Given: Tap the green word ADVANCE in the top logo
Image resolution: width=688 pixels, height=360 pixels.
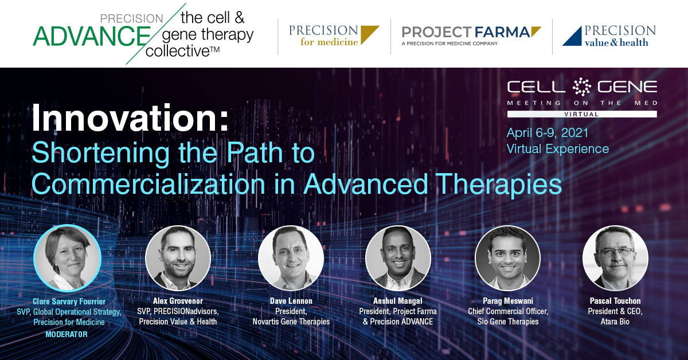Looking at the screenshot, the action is coord(92,36).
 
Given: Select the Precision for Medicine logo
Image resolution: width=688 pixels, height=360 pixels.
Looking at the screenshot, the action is coord(334,36).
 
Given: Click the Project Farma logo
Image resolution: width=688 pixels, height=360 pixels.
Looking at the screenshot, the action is coord(471,36).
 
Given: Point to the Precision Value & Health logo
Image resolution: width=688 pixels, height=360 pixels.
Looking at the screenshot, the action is coord(609,36).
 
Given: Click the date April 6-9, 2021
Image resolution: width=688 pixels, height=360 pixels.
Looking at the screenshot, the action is coord(548,132).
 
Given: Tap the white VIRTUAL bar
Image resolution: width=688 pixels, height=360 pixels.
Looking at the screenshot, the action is coord(582,114).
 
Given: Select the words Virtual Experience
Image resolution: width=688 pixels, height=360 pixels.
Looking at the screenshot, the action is coord(557,149).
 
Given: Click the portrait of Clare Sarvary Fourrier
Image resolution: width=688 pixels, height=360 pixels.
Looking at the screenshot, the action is coord(68,258).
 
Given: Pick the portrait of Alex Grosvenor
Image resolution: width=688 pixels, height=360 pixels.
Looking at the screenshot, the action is coord(178,258).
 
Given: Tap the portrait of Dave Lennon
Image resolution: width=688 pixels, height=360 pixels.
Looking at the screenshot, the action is coord(291,258).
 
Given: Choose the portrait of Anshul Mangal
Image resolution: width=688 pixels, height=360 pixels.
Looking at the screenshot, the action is coord(398,258).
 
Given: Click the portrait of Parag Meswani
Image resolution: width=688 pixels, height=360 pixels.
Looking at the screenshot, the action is coord(508,258).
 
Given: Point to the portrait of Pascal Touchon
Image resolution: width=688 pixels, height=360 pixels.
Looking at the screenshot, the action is coord(615,258).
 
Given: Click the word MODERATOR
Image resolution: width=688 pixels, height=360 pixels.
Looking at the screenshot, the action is coord(67,334).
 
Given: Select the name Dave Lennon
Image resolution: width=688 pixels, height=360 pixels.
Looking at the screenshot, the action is coord(291,301).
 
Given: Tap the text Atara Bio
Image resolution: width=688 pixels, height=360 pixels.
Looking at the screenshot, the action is coord(615,322).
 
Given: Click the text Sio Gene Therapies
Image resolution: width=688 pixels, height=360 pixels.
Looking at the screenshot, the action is coord(508,322).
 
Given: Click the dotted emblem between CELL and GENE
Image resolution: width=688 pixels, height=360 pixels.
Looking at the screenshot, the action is coord(581,87).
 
